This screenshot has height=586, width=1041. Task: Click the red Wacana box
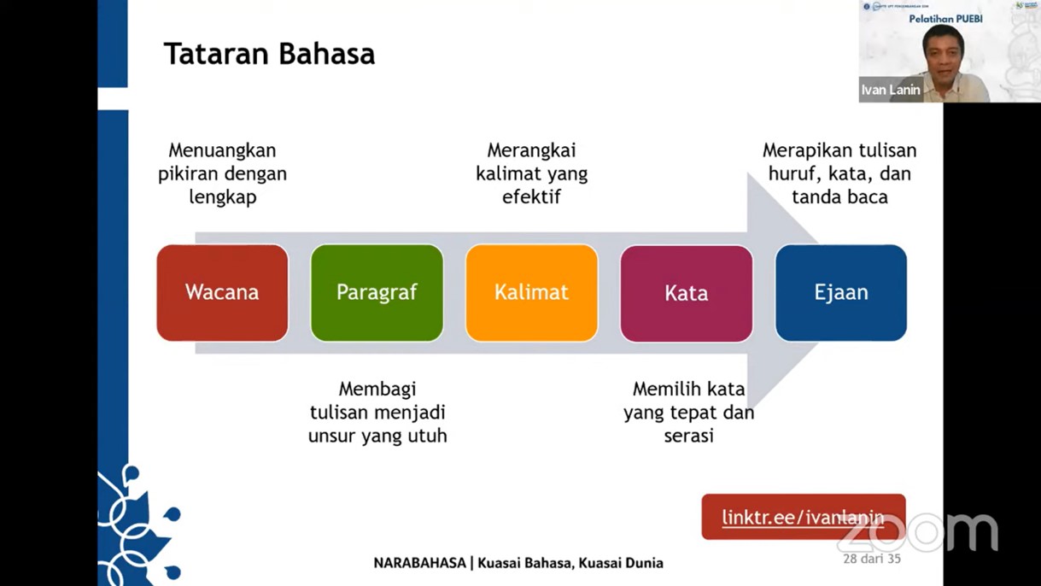pos(222,293)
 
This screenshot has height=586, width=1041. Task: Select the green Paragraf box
pos(377,293)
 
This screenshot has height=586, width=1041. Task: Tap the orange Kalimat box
pos(532,293)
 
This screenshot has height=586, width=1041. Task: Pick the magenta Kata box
pos(687,293)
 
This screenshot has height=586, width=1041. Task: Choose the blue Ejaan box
pos(841,293)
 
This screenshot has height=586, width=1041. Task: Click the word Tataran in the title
pos(217,54)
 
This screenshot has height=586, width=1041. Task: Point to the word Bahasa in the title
pos(327,54)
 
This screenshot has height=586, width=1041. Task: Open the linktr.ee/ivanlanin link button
pos(804,517)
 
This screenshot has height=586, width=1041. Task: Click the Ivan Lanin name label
pos(891,90)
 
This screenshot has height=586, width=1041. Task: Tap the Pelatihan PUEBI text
pos(945,19)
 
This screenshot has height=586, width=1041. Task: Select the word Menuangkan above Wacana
pos(222,150)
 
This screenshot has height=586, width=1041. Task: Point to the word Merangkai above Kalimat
pos(532,150)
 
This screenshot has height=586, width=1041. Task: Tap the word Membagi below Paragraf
pos(377,390)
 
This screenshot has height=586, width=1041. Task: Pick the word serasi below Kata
pos(688,436)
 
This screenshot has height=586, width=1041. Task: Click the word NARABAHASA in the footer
pos(419,563)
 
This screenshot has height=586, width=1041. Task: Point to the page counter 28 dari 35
pos(872,559)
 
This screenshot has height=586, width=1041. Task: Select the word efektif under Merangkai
pos(532,196)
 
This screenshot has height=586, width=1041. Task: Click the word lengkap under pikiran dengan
pos(223,197)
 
